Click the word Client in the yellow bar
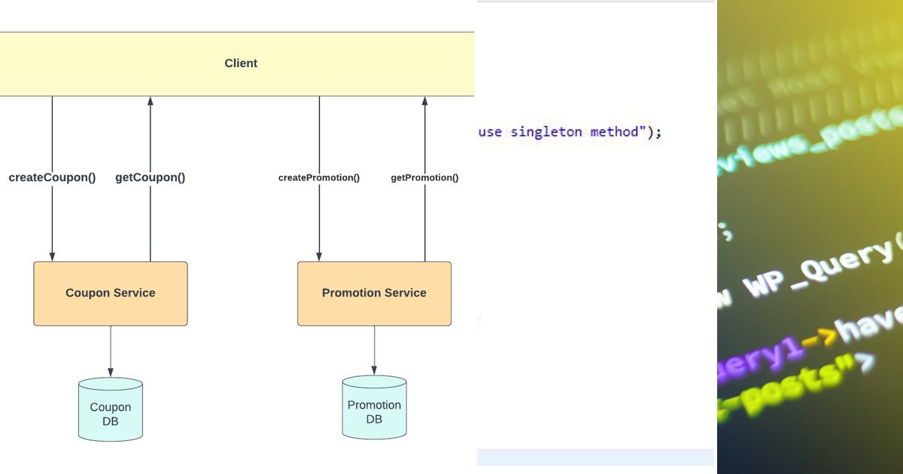[x=241, y=63]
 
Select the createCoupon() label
[x=52, y=178]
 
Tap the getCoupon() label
[x=150, y=178]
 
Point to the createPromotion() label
[x=319, y=178]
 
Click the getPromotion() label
[x=424, y=178]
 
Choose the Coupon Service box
[x=111, y=293]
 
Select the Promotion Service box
[x=374, y=293]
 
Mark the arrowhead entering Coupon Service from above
[x=52, y=257]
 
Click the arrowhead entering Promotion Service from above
[x=319, y=257]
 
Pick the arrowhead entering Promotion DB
[x=374, y=371]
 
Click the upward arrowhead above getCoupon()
[x=150, y=102]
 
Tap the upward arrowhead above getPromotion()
[x=424, y=102]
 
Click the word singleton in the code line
[x=546, y=132]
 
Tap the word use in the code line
[x=490, y=132]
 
